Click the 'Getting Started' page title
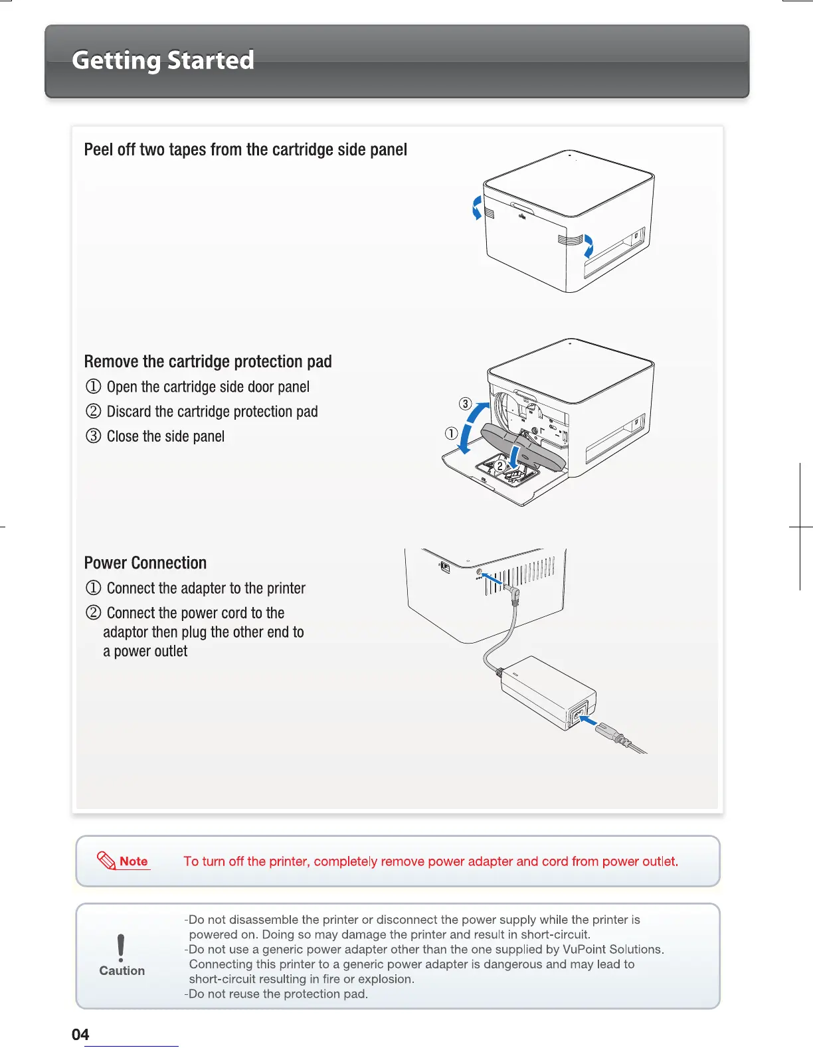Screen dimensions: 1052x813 (163, 60)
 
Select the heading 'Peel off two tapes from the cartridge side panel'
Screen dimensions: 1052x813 (245, 149)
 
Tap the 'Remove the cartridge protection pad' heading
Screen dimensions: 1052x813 (208, 361)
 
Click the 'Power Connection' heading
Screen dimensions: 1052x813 (145, 563)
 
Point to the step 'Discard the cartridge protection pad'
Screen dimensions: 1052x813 (212, 412)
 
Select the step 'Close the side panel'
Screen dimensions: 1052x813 (165, 436)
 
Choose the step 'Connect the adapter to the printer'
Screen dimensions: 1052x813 (206, 588)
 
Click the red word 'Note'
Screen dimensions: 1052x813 (134, 861)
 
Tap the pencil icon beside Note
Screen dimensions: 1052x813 (106, 861)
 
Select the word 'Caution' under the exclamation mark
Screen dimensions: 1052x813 (122, 970)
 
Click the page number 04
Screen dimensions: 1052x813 (80, 1034)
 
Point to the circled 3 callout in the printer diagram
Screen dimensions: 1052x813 (466, 404)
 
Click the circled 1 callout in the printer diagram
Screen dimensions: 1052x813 (451, 434)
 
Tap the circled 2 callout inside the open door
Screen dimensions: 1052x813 (499, 466)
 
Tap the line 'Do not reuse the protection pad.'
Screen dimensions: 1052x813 (278, 994)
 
